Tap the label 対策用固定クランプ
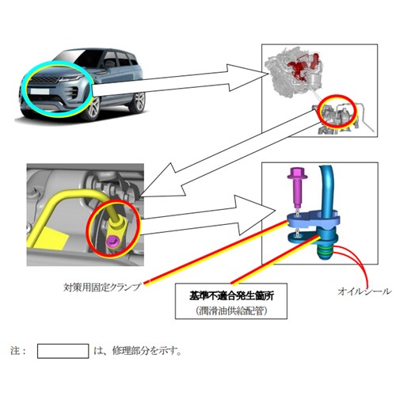tap(102, 287)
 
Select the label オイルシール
tap(364, 291)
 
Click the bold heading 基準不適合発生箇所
tap(231, 296)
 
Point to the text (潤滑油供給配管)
tap(231, 311)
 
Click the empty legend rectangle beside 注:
tap(63, 351)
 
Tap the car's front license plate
tap(40, 91)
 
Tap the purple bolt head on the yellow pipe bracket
tap(112, 240)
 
